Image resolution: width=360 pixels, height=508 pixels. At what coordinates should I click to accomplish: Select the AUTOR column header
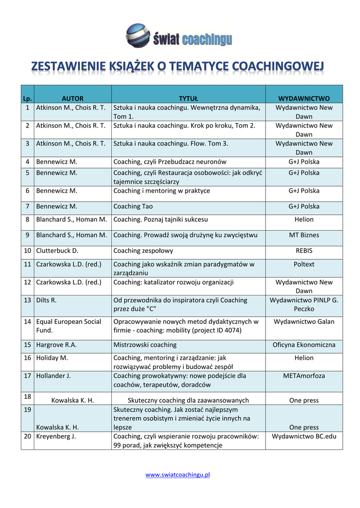coord(72,99)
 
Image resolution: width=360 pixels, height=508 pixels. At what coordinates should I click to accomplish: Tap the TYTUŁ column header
coord(188,99)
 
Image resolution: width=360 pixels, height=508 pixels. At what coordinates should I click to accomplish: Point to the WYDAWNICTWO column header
coord(304,99)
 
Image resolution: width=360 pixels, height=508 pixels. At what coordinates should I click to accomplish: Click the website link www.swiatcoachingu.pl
coord(178,475)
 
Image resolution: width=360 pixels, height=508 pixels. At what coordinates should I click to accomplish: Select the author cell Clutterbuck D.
coord(58,251)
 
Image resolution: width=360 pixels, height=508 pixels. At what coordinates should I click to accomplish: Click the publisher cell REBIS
coord(304,251)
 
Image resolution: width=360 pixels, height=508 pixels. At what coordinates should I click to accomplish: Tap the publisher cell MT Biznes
coord(304,235)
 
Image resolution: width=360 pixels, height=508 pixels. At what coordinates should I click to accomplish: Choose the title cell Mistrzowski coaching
coord(145,345)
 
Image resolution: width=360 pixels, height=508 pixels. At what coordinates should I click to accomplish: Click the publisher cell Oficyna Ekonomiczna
coord(304,345)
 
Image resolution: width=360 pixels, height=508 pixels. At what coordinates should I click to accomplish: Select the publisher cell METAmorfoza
coord(304,376)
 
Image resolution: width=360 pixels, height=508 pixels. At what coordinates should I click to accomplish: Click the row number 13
coord(27,300)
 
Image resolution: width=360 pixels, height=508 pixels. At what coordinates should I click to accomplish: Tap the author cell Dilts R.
coord(47,300)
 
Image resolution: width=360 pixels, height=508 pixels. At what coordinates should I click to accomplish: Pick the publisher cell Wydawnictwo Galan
coord(304,321)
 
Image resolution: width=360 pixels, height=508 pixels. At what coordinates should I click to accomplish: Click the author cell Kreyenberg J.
coord(56,437)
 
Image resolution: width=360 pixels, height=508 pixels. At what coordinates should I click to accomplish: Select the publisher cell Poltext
coord(304,264)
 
